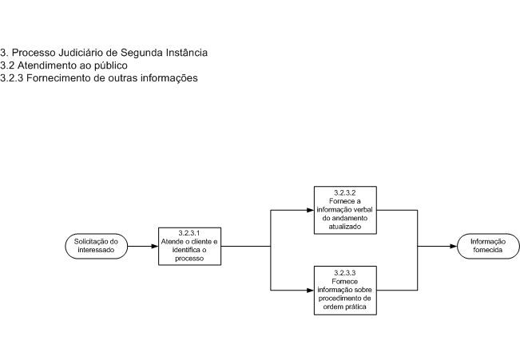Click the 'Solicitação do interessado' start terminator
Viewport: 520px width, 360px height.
[x=96, y=246]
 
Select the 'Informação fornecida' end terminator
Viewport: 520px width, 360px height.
[x=488, y=246]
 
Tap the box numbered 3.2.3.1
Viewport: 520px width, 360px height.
[x=189, y=247]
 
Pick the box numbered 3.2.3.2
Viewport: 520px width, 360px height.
[x=345, y=210]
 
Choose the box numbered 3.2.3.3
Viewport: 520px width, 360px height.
[x=345, y=291]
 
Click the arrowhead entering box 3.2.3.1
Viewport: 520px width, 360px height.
[x=155, y=247]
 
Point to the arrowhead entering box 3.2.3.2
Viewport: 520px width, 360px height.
[x=311, y=210]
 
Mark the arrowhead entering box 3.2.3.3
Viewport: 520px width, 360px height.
[x=311, y=291]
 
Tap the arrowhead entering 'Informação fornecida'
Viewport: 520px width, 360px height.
[x=454, y=247]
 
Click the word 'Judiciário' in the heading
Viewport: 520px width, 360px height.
[x=81, y=53]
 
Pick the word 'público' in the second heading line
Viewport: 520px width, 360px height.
[x=111, y=65]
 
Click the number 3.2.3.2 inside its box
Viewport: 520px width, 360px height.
[x=345, y=193]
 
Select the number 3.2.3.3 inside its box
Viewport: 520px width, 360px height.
[x=345, y=273]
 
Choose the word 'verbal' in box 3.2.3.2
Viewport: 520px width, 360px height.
[x=363, y=210]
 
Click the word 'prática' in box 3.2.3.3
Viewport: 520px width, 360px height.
[x=358, y=307]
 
